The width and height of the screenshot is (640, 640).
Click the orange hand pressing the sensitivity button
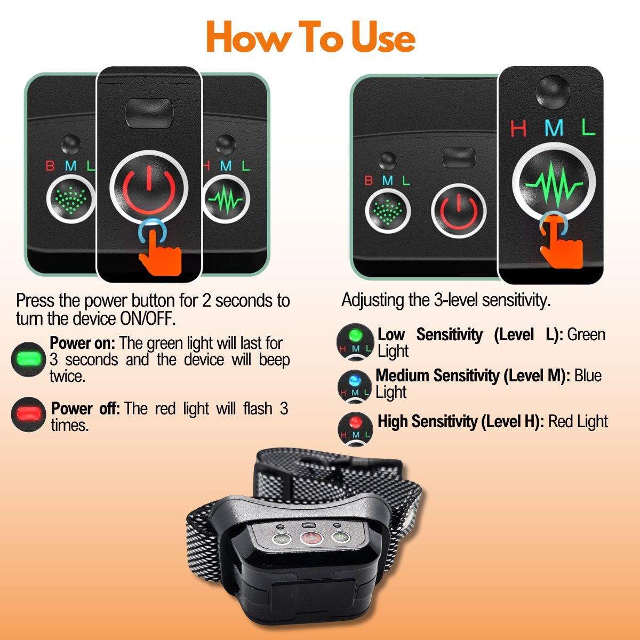[x=561, y=243]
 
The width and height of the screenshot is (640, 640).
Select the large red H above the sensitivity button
[x=518, y=129]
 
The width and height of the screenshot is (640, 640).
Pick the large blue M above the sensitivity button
[x=554, y=128]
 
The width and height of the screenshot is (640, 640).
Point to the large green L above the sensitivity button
[x=588, y=127]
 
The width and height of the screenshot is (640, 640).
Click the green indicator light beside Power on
[x=28, y=359]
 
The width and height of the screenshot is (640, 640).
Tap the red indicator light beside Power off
[x=28, y=414]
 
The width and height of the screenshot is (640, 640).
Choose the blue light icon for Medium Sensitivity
[x=355, y=386]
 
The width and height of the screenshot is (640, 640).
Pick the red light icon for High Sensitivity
[x=355, y=429]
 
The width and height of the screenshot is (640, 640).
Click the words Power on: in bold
[x=82, y=343]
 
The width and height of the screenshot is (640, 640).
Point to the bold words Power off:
[x=85, y=409]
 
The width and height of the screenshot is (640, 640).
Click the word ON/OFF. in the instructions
[x=148, y=319]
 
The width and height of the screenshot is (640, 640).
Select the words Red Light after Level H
[x=578, y=422]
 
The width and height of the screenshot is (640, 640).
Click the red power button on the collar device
[x=311, y=538]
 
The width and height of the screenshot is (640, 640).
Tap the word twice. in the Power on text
[x=68, y=377]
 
